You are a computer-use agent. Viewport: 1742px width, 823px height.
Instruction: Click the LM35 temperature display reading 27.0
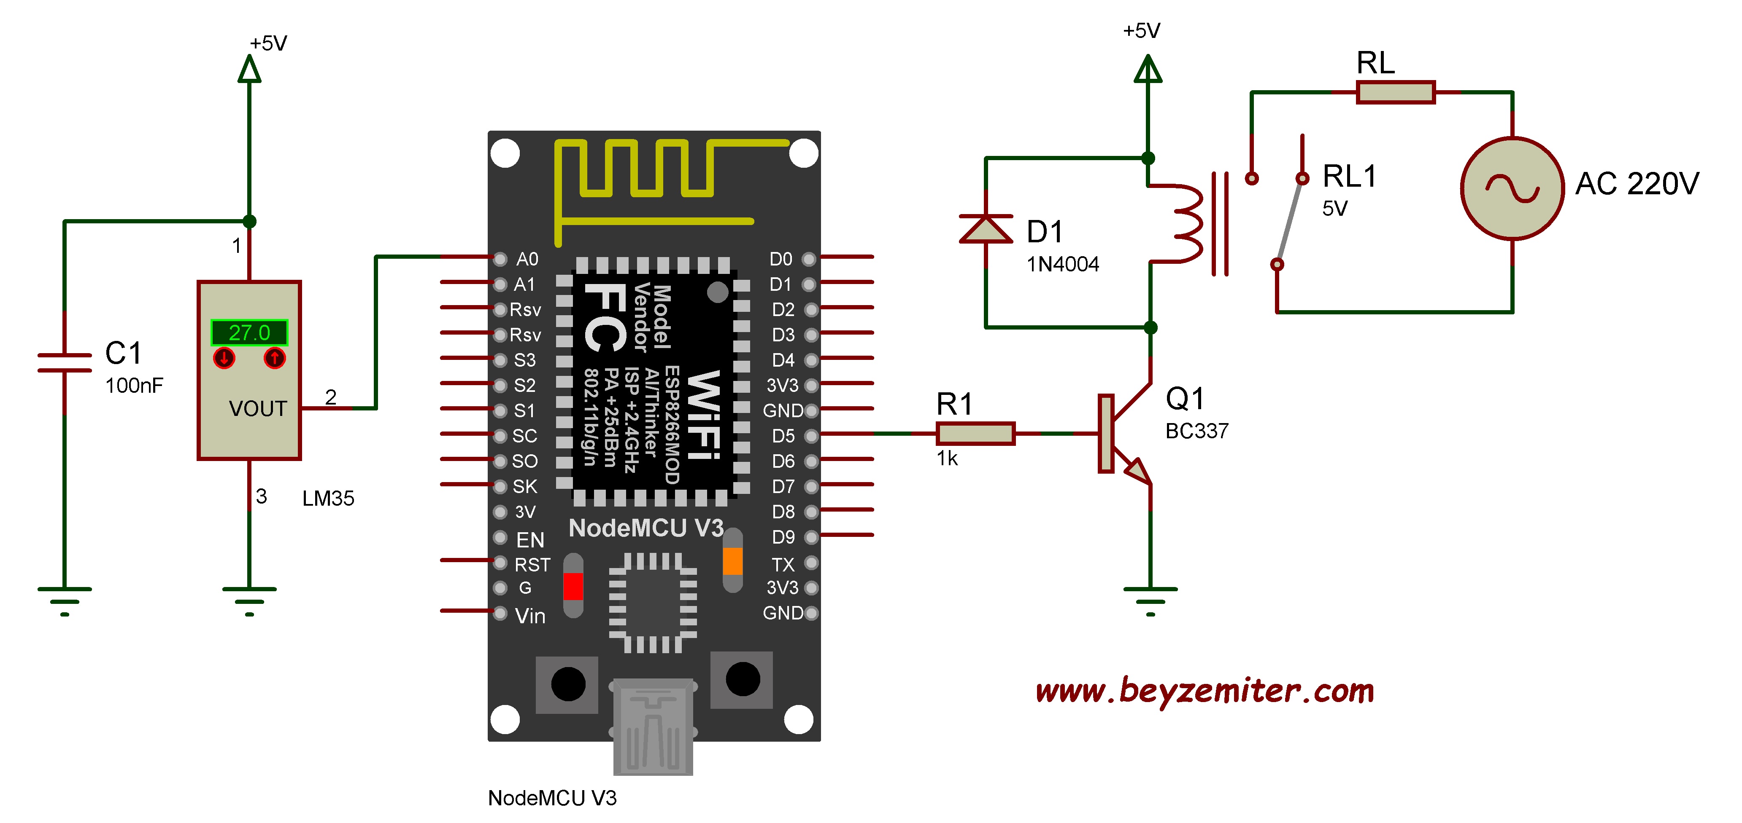click(249, 332)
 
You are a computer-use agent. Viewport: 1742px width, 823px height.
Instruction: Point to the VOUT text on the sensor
click(258, 409)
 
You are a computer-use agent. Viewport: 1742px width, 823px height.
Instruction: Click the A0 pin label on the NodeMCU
click(527, 259)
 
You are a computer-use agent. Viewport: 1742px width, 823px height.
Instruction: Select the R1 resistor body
click(975, 433)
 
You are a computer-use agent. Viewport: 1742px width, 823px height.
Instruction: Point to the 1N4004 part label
click(1062, 264)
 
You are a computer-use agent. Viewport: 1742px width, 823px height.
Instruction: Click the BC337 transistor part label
click(1196, 431)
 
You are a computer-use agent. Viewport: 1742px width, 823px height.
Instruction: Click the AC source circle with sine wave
click(1512, 188)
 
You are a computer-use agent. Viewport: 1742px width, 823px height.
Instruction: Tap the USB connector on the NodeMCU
click(653, 726)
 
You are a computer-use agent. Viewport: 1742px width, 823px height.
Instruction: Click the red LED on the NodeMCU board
click(573, 586)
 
